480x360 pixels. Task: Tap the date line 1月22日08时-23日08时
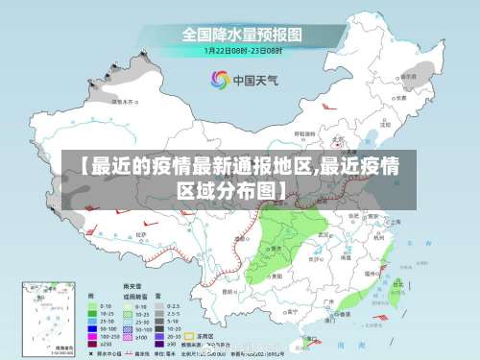point(241,50)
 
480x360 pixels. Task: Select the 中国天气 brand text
point(253,80)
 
